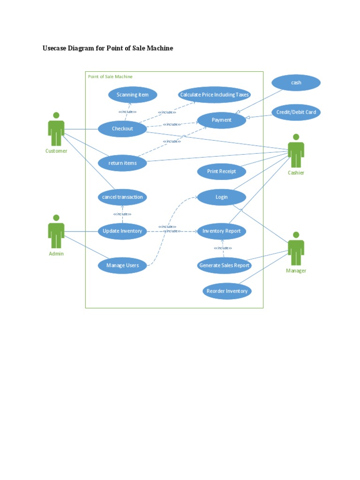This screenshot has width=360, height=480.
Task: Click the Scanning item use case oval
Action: coord(133,95)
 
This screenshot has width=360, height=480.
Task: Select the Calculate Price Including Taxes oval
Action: coord(214,95)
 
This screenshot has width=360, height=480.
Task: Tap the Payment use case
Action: coord(222,120)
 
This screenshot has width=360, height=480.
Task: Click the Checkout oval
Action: coord(122,129)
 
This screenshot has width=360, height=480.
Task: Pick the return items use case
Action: coord(122,163)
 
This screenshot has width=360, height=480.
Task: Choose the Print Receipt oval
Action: coord(222,172)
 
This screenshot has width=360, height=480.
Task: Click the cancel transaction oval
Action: coord(122,197)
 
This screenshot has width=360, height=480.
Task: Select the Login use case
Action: coord(222,197)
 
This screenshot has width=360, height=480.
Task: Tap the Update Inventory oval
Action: coord(122,231)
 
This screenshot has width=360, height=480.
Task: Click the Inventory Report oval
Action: coord(222,231)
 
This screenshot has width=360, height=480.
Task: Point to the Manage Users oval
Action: coord(122,266)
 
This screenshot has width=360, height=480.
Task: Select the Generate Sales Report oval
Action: coord(224,266)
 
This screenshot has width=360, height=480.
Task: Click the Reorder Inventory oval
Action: coord(227,291)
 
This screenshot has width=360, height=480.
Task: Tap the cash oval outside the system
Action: coord(296,83)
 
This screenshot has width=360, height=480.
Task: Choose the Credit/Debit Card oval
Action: coord(296,112)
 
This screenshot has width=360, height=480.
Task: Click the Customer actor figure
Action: coord(56,130)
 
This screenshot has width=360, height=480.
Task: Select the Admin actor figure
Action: coord(56,232)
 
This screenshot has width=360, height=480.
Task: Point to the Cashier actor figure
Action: coord(296,151)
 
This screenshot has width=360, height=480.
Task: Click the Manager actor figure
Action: coord(296,249)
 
